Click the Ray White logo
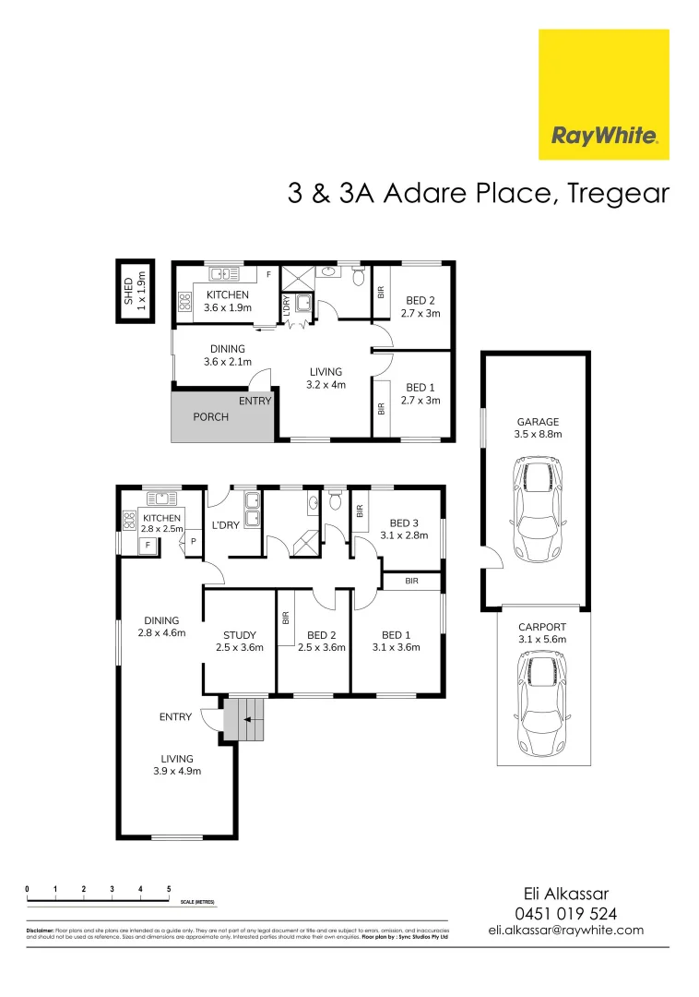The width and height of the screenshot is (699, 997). pyautogui.click(x=604, y=94)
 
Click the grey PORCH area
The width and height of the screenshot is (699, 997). pyautogui.click(x=222, y=417)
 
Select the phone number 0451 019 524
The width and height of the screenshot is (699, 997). pyautogui.click(x=565, y=913)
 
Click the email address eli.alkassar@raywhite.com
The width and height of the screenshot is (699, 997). pyautogui.click(x=565, y=931)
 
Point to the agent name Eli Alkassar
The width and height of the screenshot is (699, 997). pyautogui.click(x=565, y=894)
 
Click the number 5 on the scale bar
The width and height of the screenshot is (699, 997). pyautogui.click(x=169, y=889)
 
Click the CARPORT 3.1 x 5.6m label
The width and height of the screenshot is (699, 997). pyautogui.click(x=541, y=632)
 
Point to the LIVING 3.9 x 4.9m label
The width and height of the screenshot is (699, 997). pyautogui.click(x=175, y=764)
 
